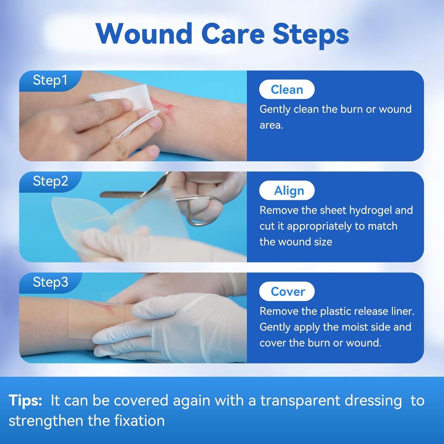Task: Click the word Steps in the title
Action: pos(311,34)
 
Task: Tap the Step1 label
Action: pos(50,80)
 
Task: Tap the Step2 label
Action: pos(50,181)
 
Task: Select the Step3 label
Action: pos(50,282)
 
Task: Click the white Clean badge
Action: pos(287,89)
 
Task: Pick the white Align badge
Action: pos(287,191)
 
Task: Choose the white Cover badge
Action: pos(287,292)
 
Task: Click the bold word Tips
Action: pos(25,400)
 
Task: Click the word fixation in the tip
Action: pos(139,421)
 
